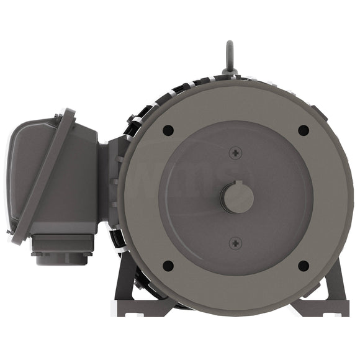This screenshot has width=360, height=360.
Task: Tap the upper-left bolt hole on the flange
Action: pyautogui.click(x=168, y=130)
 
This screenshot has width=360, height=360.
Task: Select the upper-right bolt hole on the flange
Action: pyautogui.click(x=304, y=130)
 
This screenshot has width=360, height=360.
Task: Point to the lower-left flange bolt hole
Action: pyautogui.click(x=168, y=266)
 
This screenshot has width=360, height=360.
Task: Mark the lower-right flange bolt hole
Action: pyautogui.click(x=304, y=266)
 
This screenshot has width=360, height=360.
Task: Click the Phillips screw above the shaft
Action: pyautogui.click(x=235, y=153)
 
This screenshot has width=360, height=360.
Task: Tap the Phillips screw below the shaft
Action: pyautogui.click(x=235, y=243)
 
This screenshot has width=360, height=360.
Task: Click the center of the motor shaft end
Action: pyautogui.click(x=236, y=198)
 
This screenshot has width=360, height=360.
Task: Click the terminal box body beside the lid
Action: pyautogui.click(x=81, y=180)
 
